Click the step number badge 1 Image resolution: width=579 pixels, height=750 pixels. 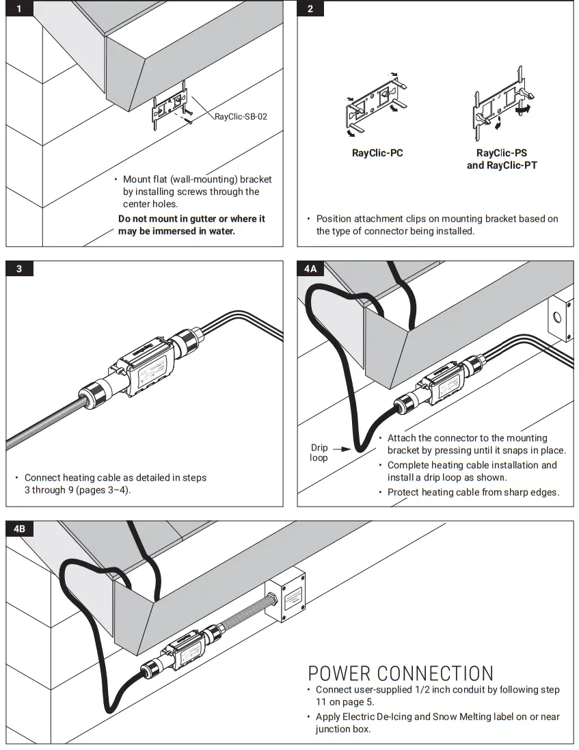click(x=19, y=9)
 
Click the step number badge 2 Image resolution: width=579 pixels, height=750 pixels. click(x=310, y=9)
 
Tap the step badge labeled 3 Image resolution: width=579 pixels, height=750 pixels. click(x=19, y=269)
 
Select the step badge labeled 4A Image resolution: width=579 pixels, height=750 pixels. click(x=310, y=269)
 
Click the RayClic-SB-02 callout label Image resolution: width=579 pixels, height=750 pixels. click(x=241, y=117)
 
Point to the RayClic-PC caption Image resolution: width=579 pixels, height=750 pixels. click(x=377, y=153)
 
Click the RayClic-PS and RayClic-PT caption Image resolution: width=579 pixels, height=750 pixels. click(x=502, y=159)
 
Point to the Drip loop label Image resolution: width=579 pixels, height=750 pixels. click(x=319, y=453)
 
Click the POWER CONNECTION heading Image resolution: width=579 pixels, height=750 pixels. click(x=400, y=673)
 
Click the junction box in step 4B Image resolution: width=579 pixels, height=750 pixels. click(x=287, y=596)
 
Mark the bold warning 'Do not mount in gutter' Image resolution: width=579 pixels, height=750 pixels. click(x=191, y=225)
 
